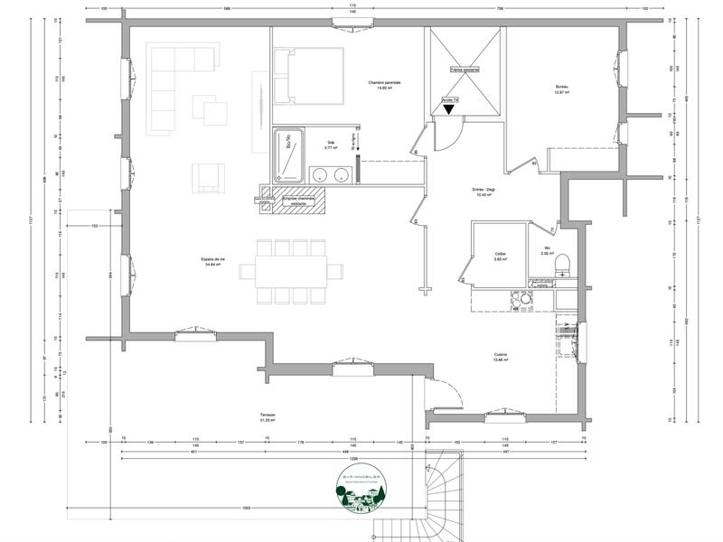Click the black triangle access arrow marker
pyautogui.click(x=449, y=109)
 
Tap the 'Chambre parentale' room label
pyautogui.click(x=384, y=85)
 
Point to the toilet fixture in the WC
pyautogui.click(x=562, y=263)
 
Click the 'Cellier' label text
pyautogui.click(x=500, y=257)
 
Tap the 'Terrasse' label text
pyautogui.click(x=267, y=416)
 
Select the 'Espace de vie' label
pyautogui.click(x=220, y=261)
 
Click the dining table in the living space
pyautogui.click(x=291, y=270)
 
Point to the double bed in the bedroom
pyautogui.click(x=309, y=76)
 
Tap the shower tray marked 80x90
pyautogui.click(x=292, y=155)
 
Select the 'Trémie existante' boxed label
pyautogui.click(x=466, y=70)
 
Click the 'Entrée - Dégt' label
pyautogui.click(x=459, y=192)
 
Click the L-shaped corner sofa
pyautogui.click(x=177, y=80)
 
